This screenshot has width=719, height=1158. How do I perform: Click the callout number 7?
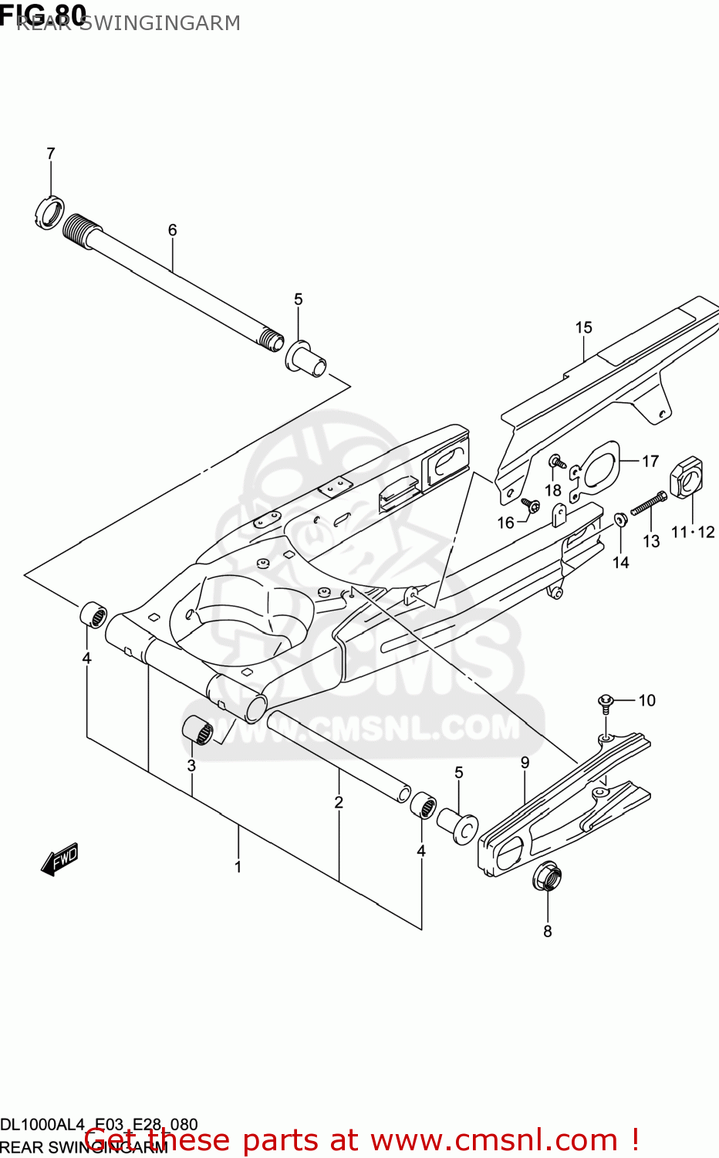51,154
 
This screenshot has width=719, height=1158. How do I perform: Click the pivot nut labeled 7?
49,213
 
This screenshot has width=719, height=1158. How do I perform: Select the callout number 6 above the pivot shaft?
172,230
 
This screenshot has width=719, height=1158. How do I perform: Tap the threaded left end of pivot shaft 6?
82,229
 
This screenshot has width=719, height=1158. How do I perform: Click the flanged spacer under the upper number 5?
308,359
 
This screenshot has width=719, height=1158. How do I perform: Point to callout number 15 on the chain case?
583,327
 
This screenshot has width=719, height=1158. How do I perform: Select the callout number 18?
553,490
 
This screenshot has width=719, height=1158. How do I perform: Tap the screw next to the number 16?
531,505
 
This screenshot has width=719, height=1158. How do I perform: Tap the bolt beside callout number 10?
606,703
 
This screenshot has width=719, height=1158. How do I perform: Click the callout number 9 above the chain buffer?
525,763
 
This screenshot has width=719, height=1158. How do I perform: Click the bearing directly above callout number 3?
197,730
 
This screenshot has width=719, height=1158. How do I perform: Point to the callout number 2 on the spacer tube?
339,803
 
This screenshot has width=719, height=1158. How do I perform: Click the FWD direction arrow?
60,858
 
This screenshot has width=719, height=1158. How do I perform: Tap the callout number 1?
238,867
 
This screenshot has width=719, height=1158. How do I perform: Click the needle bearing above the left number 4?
94,615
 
